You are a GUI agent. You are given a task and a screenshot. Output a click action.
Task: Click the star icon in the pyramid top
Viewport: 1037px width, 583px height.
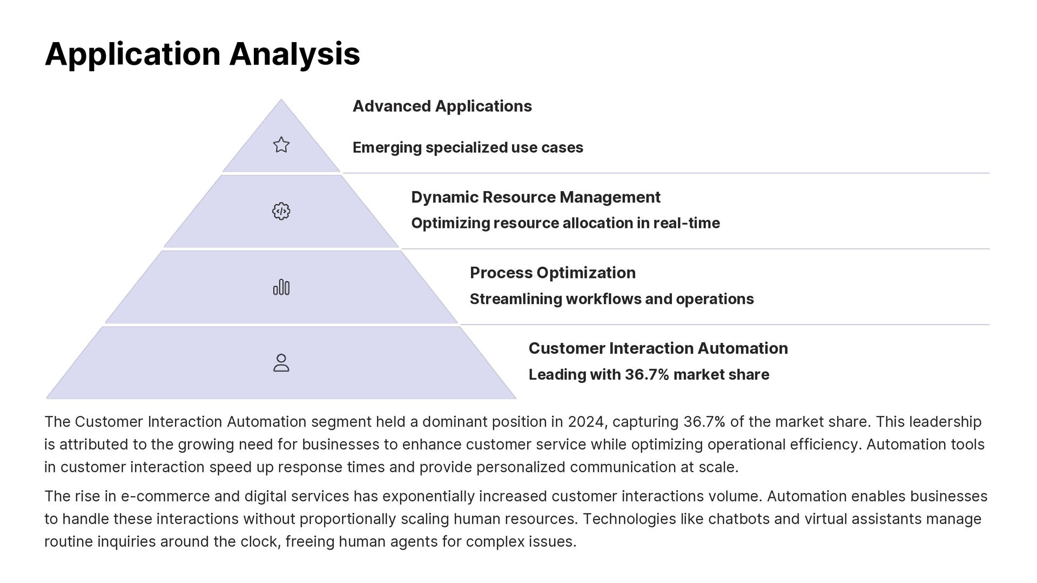tap(281, 145)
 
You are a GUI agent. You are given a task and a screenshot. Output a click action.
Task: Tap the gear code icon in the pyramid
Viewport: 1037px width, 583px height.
tap(281, 211)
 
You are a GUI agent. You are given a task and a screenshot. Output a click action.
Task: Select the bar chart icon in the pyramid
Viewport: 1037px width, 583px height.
tap(281, 287)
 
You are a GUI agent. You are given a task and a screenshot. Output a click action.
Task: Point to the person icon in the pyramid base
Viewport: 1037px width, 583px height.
tap(281, 363)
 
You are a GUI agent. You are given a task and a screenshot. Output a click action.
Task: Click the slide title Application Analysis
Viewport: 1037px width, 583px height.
tap(202, 54)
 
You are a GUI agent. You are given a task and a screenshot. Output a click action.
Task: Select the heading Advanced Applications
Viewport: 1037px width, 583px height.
tap(442, 106)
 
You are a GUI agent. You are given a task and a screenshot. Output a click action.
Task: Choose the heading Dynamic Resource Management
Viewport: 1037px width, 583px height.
tap(535, 197)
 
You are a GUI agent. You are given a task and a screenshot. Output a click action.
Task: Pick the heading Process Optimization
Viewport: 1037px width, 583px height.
tap(552, 273)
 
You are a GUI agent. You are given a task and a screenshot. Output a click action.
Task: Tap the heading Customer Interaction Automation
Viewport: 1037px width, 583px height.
tap(658, 348)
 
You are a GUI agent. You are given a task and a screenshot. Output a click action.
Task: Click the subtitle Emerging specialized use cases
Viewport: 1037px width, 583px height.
tap(468, 147)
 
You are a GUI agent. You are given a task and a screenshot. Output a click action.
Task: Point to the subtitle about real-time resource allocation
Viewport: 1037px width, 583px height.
tap(565, 223)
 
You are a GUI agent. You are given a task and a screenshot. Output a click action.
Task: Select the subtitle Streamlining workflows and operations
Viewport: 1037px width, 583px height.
tap(611, 299)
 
